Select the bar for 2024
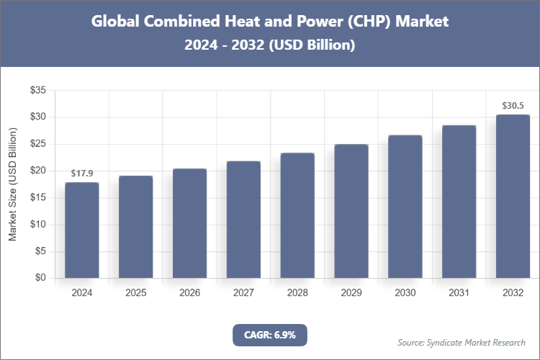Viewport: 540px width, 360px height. click(x=82, y=230)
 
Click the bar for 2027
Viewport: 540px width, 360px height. click(x=243, y=220)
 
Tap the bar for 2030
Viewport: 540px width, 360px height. click(x=405, y=207)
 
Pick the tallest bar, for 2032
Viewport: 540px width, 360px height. click(x=513, y=197)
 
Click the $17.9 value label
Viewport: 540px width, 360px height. click(x=82, y=174)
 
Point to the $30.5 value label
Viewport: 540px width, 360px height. click(x=513, y=106)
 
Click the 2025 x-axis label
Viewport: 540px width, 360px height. click(x=136, y=293)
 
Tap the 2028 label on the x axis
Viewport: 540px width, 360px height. click(x=297, y=293)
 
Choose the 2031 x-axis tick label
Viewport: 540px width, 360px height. click(x=459, y=293)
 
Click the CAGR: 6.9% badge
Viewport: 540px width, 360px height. click(x=270, y=335)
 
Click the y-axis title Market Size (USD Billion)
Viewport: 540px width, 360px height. click(x=12, y=184)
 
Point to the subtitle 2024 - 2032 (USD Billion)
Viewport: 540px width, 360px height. click(x=270, y=45)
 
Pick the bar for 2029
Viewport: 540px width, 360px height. click(x=351, y=211)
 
